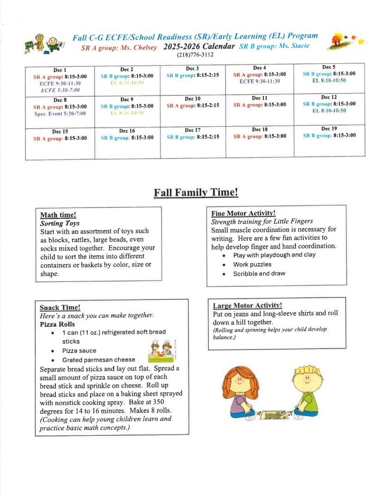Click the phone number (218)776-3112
(195, 55)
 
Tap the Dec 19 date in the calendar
(329, 128)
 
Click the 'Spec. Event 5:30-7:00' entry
(60, 113)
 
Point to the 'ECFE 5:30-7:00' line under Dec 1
(60, 90)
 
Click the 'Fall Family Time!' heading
(196, 192)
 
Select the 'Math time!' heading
(58, 215)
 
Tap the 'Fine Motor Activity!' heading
(243, 213)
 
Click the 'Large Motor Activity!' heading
(247, 305)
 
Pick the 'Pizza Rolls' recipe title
(57, 324)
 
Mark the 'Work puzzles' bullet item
(252, 264)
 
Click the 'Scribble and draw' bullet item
(259, 274)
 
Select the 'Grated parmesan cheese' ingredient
(98, 359)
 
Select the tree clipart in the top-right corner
(340, 41)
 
